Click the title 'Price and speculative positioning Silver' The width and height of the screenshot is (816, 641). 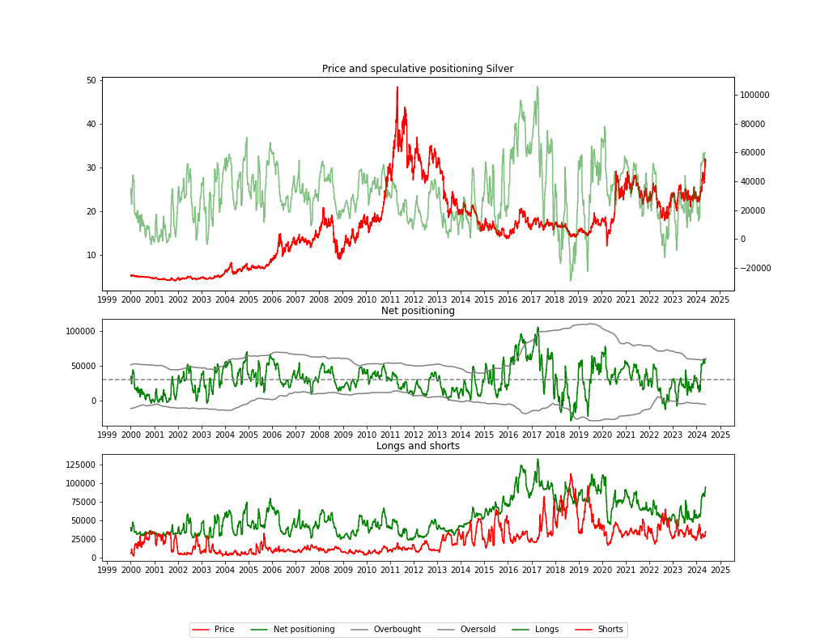417,69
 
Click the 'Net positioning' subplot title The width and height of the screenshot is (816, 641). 418,311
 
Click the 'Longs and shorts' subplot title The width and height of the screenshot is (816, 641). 418,446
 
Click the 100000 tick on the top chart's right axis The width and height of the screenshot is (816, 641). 755,96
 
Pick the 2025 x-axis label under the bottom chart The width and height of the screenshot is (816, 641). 720,570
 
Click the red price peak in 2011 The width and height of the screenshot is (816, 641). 397,87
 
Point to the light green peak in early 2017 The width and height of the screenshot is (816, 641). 537,87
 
